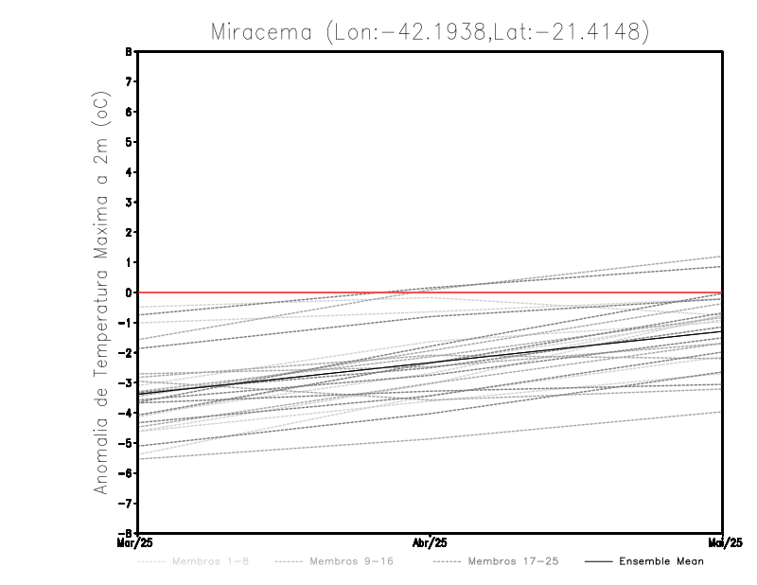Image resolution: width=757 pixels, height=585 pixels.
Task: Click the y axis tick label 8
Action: [129, 52]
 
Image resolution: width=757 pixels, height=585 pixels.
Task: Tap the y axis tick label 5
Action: [129, 142]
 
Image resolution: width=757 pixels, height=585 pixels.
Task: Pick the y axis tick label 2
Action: [129, 232]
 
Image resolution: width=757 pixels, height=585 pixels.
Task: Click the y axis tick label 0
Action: [129, 292]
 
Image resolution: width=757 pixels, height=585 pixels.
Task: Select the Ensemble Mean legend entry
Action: [661, 561]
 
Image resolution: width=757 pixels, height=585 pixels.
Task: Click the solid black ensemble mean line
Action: [431, 363]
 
